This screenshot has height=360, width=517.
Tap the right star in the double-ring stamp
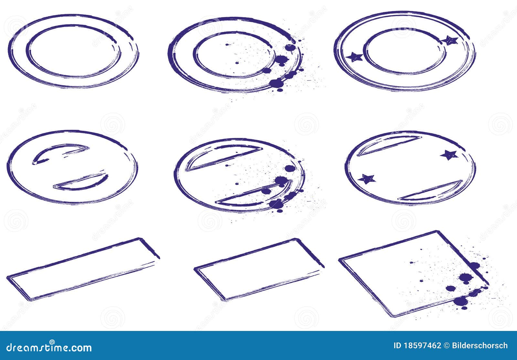click(450, 41)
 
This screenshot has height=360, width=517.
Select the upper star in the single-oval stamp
click(449, 155)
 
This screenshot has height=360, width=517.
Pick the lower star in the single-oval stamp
click(367, 179)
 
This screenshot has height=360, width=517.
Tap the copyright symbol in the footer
click(446, 346)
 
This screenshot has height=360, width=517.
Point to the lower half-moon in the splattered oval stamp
click(252, 197)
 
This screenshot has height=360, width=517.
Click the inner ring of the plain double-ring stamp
click(73, 26)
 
